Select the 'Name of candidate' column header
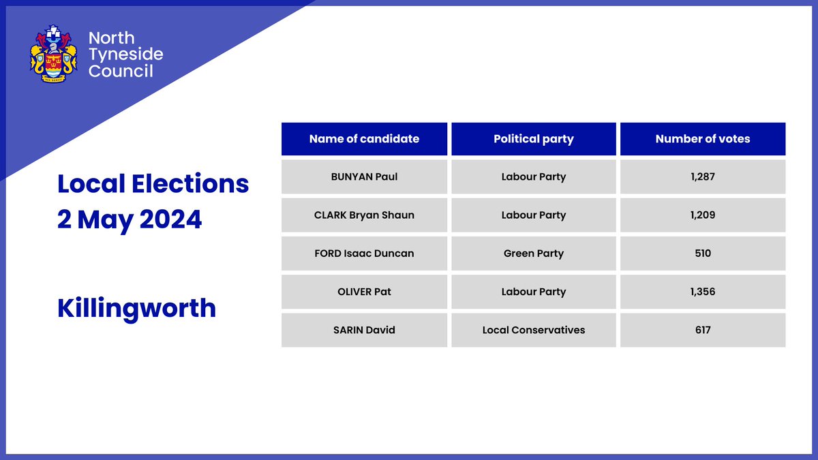coord(364,139)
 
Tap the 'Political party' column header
coord(534,139)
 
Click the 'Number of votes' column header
coord(703,139)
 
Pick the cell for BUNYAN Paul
coord(364,177)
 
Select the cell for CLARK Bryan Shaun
coord(364,215)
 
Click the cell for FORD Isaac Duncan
coord(364,254)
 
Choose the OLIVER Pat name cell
coord(364,292)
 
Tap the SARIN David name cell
coord(364,330)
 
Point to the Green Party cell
coord(534,254)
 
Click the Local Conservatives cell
coord(534,330)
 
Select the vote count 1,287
coord(703,177)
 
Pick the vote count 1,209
coord(703,215)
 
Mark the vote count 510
coord(703,254)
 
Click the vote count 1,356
coord(703,292)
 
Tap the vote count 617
coord(703,330)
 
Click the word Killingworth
coord(136,308)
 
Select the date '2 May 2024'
coord(130,219)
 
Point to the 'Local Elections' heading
coord(153,183)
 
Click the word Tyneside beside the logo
coord(126,55)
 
